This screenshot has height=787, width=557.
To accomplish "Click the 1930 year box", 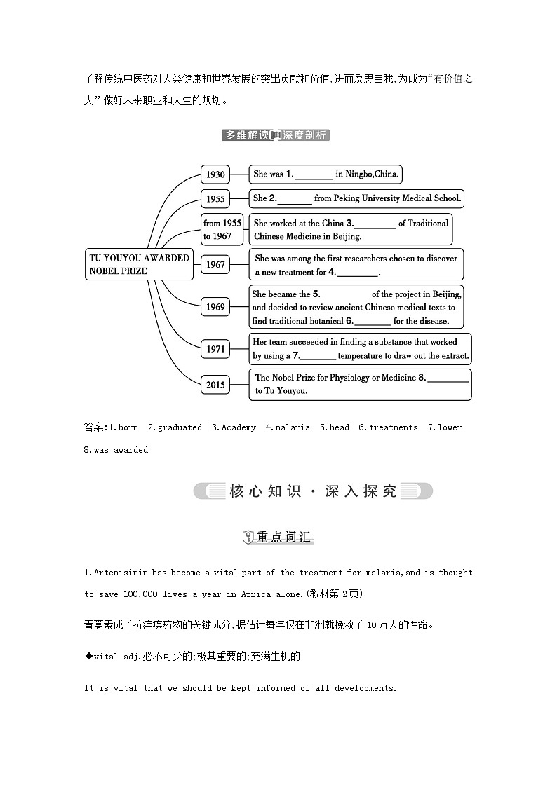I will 215,174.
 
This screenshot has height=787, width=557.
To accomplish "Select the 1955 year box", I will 215,199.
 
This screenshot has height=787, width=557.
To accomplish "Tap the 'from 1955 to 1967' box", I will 222,230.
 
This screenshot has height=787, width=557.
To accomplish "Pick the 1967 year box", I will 215,264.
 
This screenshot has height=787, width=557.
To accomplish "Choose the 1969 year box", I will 215,306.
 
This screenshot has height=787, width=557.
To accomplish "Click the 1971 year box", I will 215,348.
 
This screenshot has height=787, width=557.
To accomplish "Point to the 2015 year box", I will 215,384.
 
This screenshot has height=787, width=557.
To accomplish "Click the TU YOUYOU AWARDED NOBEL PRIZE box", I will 139,265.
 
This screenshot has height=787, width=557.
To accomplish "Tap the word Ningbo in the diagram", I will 358,174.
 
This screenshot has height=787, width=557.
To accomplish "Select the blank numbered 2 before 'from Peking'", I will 295,198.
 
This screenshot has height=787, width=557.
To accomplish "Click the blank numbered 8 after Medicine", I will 448,377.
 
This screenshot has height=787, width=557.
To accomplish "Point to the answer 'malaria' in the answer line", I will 293,427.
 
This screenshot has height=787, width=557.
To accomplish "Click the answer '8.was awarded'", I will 116,450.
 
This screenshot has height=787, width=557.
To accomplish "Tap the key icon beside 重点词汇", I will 247,538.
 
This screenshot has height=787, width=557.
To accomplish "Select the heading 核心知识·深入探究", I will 313,491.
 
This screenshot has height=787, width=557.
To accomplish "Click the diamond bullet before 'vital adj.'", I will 88,656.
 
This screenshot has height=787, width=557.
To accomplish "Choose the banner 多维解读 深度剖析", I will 276,135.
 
